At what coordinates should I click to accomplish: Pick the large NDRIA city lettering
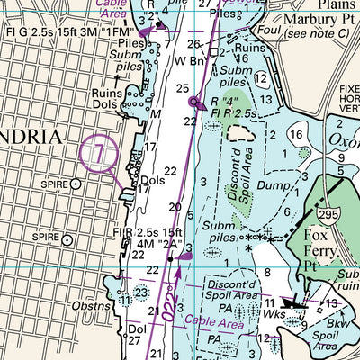coord(31,137)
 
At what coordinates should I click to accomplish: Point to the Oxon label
coord(346,140)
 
